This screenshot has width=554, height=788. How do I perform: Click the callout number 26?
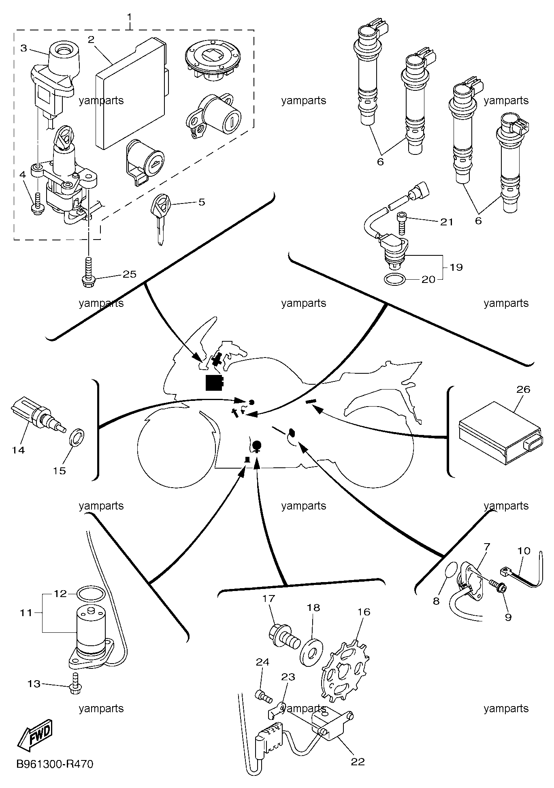point(523,389)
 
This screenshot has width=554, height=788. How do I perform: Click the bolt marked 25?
point(88,272)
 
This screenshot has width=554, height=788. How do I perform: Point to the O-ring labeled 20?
point(394,279)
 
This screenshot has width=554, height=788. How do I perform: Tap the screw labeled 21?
point(401,223)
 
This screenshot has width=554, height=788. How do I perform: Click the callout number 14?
point(19,450)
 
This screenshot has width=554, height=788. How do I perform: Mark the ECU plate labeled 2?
point(132,93)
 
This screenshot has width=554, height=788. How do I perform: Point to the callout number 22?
point(358,762)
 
